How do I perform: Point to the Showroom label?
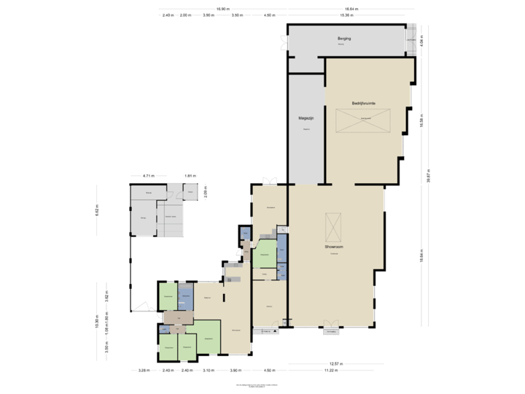tap(335, 247)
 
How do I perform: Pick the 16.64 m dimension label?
tap(352, 9)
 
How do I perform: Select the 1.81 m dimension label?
tap(189, 176)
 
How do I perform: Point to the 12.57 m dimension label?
tap(335, 363)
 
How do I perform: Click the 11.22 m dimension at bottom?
tap(332, 370)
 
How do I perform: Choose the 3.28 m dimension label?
tap(144, 370)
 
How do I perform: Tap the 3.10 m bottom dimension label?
tap(209, 370)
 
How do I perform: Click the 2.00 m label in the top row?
tap(185, 15)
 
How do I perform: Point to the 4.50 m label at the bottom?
tap(269, 370)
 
